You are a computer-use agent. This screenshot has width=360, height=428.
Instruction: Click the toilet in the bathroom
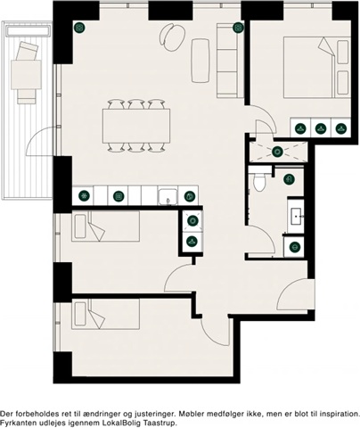259,180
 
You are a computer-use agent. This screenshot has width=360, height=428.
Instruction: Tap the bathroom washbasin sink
297,216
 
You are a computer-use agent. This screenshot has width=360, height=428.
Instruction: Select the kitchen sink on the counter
168,196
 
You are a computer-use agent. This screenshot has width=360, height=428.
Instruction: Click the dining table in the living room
136,126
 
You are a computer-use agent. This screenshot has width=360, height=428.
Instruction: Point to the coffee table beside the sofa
200,61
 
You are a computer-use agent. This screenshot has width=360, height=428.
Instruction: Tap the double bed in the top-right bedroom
317,67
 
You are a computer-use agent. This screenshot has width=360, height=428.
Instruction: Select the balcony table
26,75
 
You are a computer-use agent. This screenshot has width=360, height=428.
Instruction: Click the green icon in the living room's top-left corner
79,28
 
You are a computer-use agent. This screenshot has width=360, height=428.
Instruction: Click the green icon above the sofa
238,28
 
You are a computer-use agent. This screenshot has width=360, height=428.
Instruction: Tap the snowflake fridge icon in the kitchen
84,196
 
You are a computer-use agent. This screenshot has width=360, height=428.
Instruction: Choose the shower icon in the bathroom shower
278,152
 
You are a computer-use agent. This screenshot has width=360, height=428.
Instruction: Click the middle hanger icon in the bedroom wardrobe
321,128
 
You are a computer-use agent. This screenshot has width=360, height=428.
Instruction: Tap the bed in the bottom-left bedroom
105,314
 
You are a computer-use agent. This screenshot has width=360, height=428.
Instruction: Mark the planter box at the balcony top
28,30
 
